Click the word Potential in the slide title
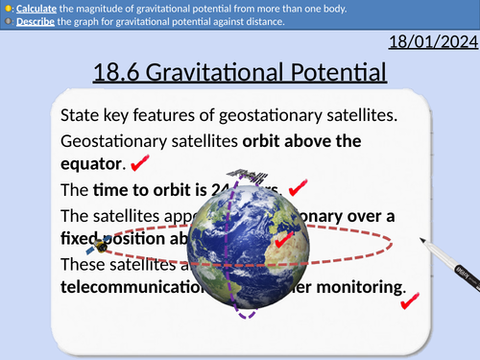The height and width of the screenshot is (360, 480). coord(329,74)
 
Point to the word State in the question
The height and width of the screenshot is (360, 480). coord(80,115)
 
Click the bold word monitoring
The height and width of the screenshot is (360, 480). coord(357,285)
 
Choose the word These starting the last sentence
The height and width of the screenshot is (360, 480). coord(84,262)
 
